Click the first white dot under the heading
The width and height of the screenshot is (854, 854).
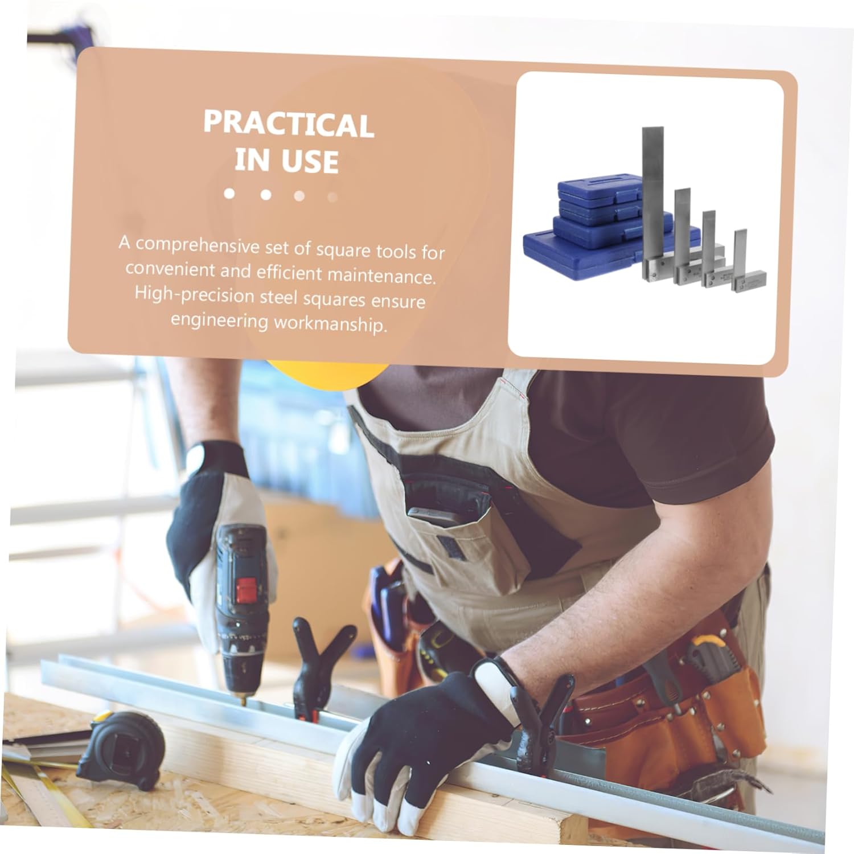click(229, 194)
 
